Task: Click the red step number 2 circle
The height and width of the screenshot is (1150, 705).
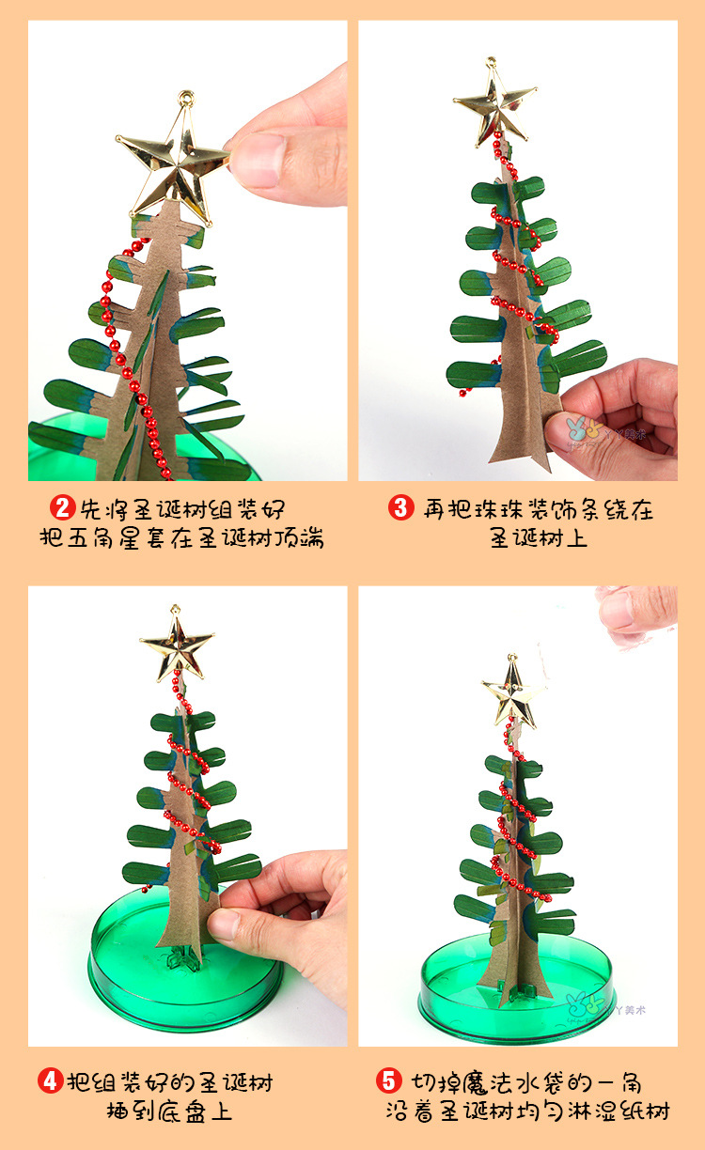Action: (x=63, y=508)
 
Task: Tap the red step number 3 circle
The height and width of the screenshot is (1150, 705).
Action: (x=400, y=508)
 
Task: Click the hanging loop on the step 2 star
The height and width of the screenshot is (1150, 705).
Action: (x=186, y=97)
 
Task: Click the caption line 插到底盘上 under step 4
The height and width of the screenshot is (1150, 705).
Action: (x=168, y=1111)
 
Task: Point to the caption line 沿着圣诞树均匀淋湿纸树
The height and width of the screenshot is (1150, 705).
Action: (x=527, y=1111)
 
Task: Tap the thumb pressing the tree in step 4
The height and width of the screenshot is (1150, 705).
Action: (x=226, y=925)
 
